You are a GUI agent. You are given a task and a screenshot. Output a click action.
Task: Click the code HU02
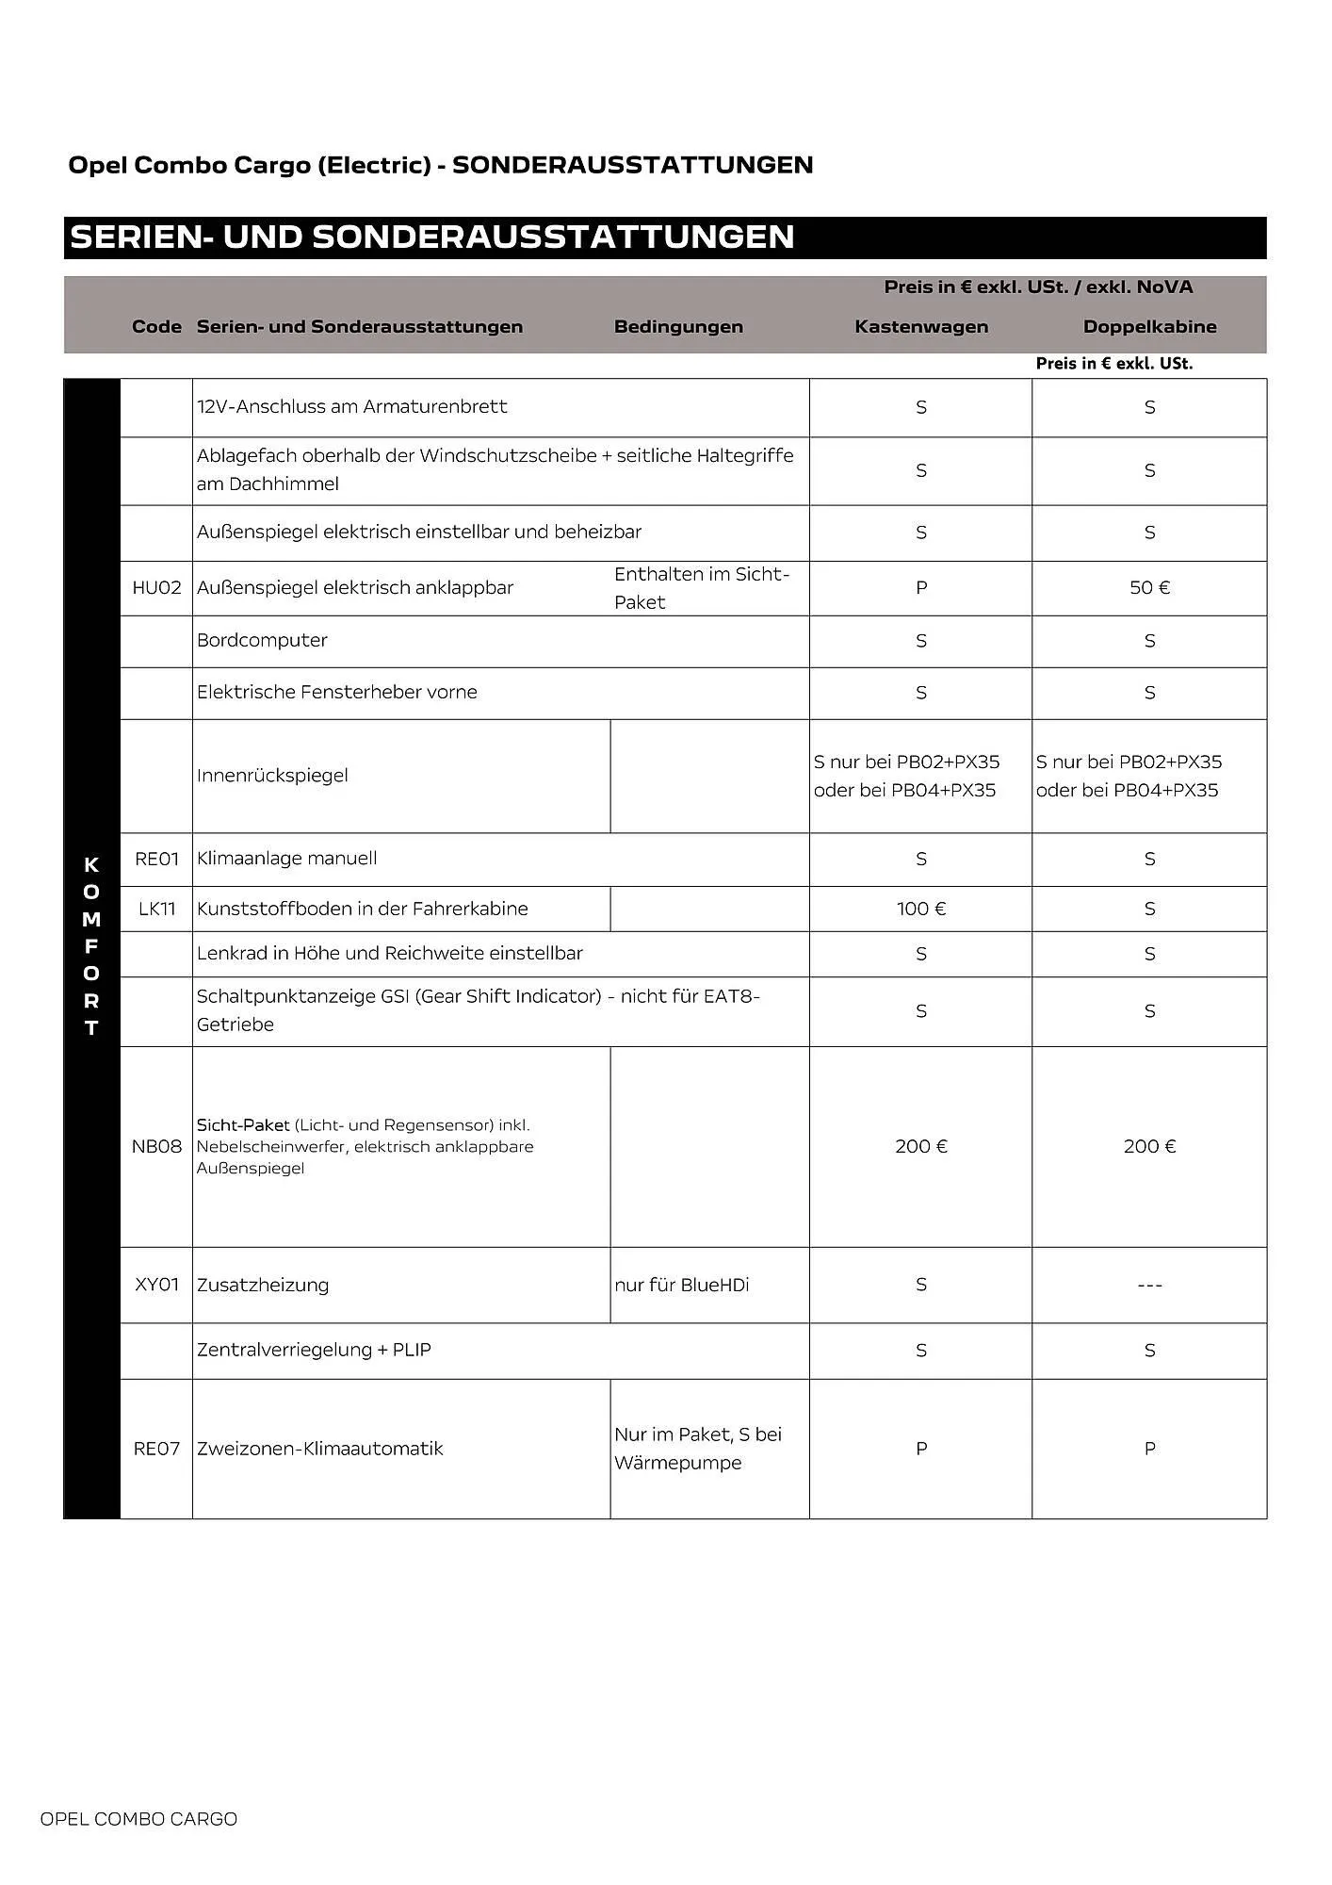(x=156, y=588)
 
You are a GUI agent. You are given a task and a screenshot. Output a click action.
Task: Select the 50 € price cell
(x=1149, y=588)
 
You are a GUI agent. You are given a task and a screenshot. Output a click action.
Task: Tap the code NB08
(x=156, y=1146)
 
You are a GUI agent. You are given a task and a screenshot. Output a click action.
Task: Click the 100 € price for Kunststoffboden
(x=920, y=909)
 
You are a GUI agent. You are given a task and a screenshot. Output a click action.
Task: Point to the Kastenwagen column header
(x=920, y=327)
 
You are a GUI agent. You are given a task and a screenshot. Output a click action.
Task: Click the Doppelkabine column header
(x=1149, y=327)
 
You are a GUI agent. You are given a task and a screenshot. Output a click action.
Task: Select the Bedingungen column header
(x=678, y=327)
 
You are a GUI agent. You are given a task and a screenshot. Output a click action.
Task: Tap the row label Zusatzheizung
(x=263, y=1285)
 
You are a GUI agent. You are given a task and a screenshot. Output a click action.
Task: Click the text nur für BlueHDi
(x=681, y=1285)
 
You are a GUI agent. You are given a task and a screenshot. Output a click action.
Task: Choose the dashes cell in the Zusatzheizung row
(x=1149, y=1285)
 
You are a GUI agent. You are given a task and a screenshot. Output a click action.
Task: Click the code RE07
(x=156, y=1449)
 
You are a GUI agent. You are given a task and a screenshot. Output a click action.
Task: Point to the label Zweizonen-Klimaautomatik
(x=319, y=1449)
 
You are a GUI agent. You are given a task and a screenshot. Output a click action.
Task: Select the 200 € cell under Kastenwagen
(x=920, y=1146)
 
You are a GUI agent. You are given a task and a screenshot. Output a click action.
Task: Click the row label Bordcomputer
(x=262, y=641)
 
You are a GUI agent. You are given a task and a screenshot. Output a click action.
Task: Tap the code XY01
(x=156, y=1285)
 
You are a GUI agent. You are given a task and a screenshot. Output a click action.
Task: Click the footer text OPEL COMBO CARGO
(x=138, y=1819)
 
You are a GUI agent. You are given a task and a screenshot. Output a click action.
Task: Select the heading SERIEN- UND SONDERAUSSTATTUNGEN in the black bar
(x=432, y=237)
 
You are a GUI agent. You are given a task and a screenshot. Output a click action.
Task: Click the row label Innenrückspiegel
(x=272, y=776)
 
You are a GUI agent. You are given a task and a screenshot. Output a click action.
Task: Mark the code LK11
(x=156, y=909)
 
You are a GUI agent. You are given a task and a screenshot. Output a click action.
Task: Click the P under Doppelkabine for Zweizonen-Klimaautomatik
(x=1149, y=1449)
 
